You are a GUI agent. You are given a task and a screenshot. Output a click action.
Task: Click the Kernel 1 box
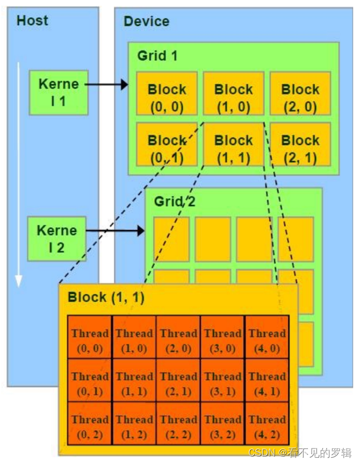[58, 92]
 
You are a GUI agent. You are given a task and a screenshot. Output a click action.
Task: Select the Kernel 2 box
[57, 239]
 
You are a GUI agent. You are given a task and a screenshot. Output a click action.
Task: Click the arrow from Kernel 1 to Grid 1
[106, 84]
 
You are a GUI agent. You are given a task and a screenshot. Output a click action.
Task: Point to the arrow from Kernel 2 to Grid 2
[115, 231]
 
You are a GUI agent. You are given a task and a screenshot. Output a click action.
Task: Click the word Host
[32, 21]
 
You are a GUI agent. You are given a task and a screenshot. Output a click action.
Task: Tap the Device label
[146, 21]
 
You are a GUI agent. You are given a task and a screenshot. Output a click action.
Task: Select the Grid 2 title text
[174, 201]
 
